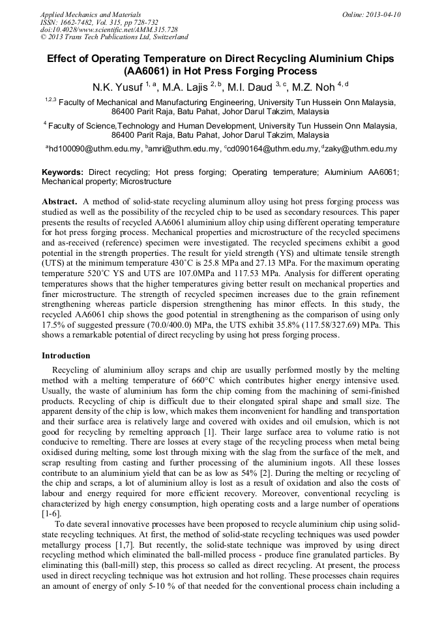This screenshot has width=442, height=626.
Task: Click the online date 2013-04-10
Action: coord(383,14)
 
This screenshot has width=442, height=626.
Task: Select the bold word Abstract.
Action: coord(59,202)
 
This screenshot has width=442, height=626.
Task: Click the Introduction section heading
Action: coord(66,356)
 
